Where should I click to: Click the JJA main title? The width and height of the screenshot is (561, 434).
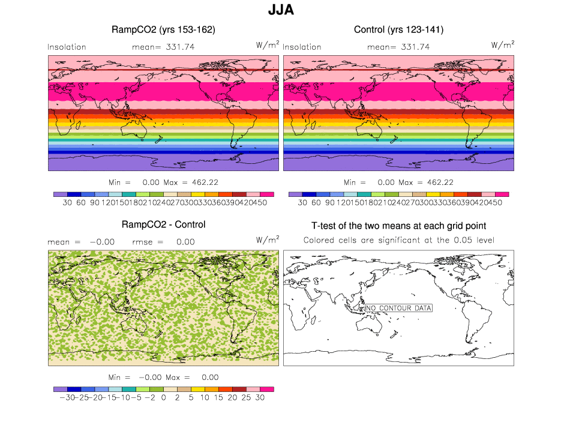[x=281, y=11]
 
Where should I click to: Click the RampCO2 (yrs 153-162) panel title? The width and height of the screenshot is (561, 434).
[x=163, y=29]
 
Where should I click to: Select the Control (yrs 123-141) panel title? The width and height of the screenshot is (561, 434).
[x=398, y=29]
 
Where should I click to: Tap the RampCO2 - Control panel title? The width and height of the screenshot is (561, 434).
[x=163, y=225]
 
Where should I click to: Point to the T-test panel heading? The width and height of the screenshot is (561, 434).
[x=398, y=226]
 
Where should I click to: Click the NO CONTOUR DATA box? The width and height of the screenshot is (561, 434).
[x=398, y=308]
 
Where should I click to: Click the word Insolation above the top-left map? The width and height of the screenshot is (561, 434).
[x=67, y=47]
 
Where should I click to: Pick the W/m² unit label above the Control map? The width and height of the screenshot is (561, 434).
[x=503, y=45]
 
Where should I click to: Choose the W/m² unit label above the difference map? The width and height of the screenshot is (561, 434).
[x=268, y=240]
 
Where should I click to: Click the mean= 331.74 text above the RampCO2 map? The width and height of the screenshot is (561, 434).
[x=163, y=47]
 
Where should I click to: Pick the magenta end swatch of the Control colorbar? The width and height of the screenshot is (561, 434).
[x=502, y=194]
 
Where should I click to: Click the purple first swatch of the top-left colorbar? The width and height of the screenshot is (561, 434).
[x=59, y=194]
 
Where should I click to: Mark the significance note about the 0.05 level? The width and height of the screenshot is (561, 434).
[x=398, y=240]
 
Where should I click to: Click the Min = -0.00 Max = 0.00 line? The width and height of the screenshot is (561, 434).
[x=163, y=378]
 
